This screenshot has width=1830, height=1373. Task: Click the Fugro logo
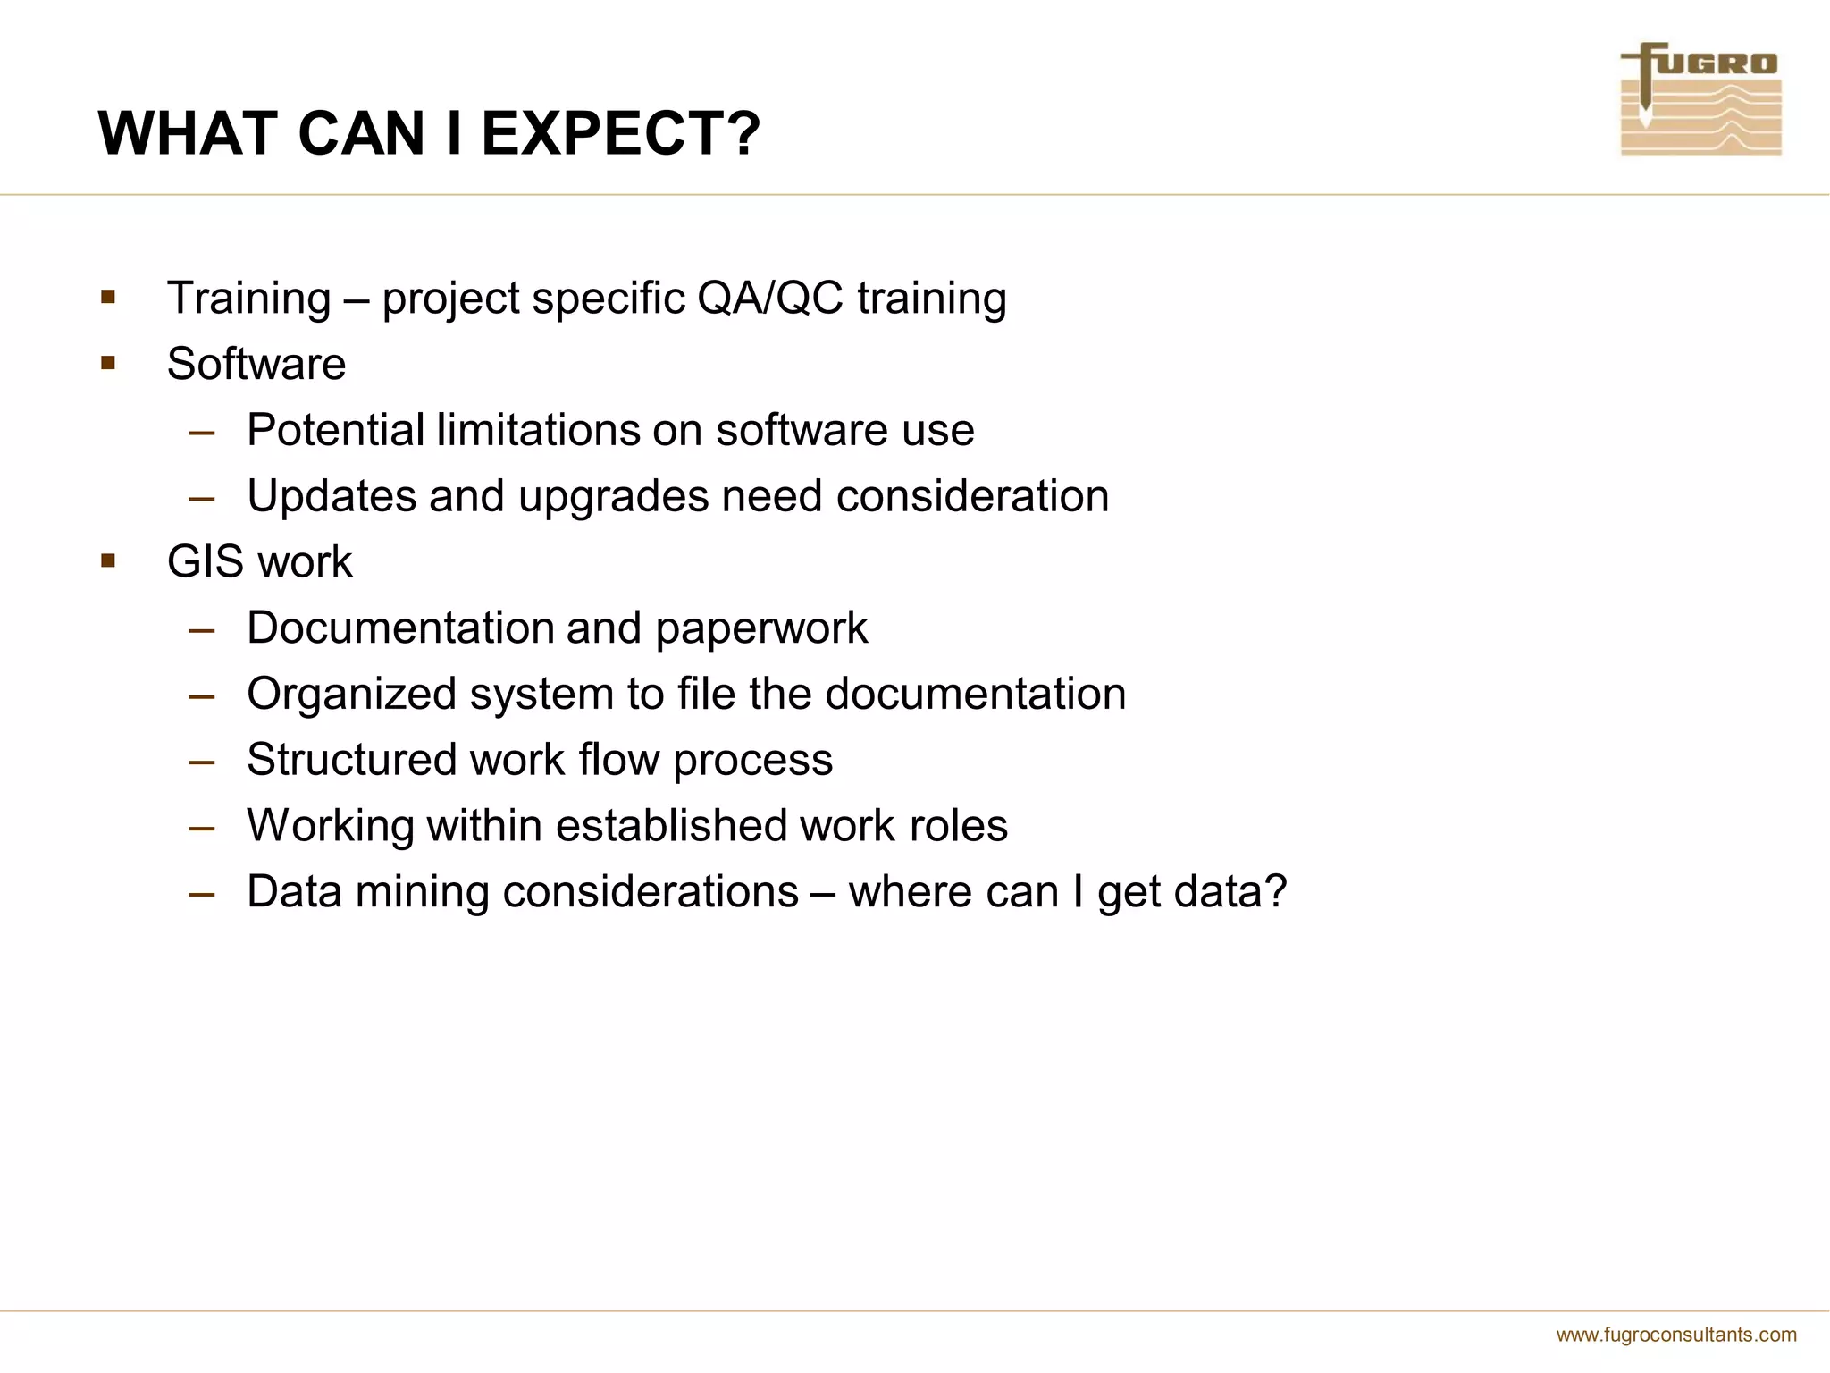[1700, 99]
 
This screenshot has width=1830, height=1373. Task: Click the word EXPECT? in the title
[620, 134]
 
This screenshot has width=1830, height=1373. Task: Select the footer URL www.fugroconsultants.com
[1676, 1335]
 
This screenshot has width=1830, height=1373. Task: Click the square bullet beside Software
[108, 363]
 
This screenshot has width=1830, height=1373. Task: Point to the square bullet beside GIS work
[108, 561]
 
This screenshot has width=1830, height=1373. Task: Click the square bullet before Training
[108, 297]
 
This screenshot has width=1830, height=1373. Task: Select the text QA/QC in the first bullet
[769, 298]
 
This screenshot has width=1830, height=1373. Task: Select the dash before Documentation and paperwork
[202, 629]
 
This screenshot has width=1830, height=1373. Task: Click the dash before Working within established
[202, 827]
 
